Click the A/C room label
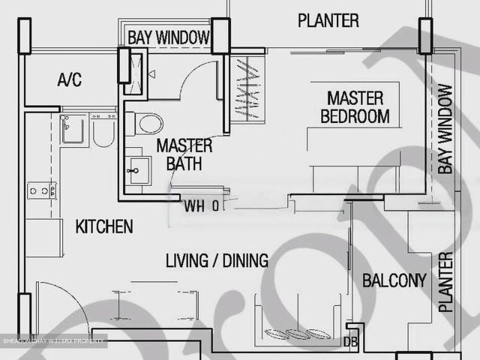click(x=70, y=80)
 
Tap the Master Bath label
click(x=184, y=154)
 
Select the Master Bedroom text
click(x=355, y=107)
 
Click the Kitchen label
click(x=104, y=226)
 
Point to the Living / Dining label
click(x=217, y=261)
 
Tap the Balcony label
click(x=394, y=281)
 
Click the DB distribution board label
click(x=350, y=342)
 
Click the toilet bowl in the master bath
click(x=143, y=122)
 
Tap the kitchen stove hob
click(x=42, y=190)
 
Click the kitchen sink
click(x=73, y=128)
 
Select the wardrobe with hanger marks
click(x=247, y=89)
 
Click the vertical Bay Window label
click(x=445, y=129)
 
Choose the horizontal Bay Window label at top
click(x=168, y=37)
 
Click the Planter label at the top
click(x=328, y=20)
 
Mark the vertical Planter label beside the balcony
click(x=445, y=282)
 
